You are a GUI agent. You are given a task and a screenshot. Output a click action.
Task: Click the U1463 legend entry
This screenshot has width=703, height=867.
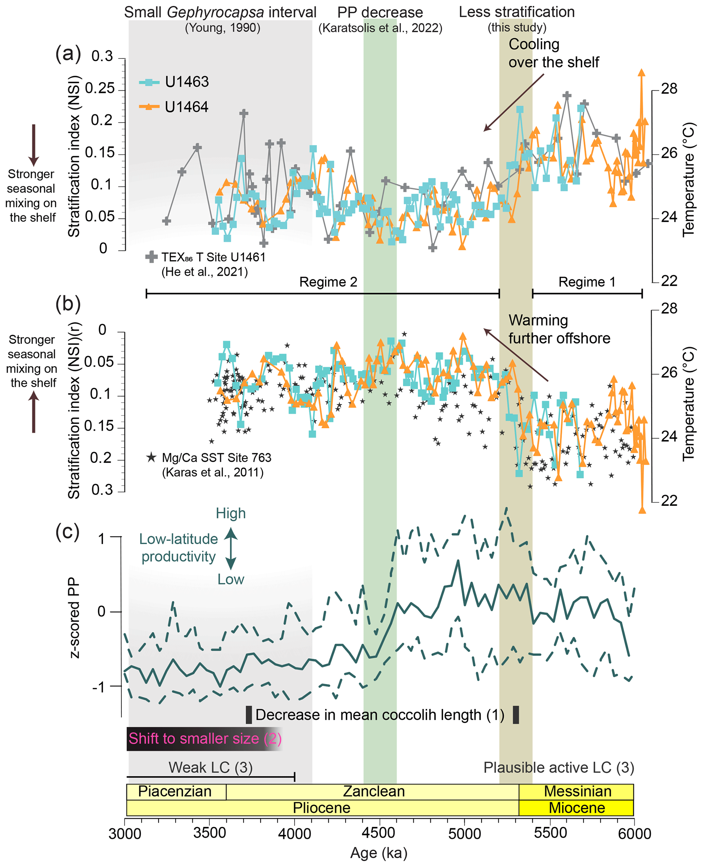(x=174, y=82)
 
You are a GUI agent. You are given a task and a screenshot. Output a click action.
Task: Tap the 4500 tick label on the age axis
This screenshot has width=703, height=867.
(x=380, y=833)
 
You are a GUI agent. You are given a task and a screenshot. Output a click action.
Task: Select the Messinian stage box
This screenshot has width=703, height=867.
(x=577, y=791)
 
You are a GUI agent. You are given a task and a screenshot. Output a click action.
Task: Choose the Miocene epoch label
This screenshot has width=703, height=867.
(x=577, y=808)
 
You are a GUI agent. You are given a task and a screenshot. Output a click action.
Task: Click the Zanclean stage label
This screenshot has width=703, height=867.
(x=374, y=791)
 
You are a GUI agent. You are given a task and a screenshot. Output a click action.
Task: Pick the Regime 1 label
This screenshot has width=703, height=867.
(x=587, y=282)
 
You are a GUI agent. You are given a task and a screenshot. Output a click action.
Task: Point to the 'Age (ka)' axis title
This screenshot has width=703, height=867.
(x=379, y=853)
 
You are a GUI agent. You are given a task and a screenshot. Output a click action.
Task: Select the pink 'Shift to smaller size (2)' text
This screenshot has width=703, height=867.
(x=205, y=738)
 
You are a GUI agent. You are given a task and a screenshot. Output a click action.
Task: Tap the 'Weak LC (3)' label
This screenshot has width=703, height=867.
(x=210, y=767)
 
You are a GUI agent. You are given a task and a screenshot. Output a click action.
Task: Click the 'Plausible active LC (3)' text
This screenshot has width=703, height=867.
(x=558, y=767)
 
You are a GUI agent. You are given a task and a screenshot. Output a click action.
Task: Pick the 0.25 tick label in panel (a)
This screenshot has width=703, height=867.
(x=102, y=88)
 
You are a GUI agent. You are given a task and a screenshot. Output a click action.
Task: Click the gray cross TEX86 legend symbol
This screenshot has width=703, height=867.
(x=151, y=257)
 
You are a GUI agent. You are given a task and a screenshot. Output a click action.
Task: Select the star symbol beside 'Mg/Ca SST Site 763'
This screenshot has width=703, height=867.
(x=151, y=458)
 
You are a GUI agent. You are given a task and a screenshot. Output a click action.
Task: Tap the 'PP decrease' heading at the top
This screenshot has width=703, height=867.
(x=380, y=13)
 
